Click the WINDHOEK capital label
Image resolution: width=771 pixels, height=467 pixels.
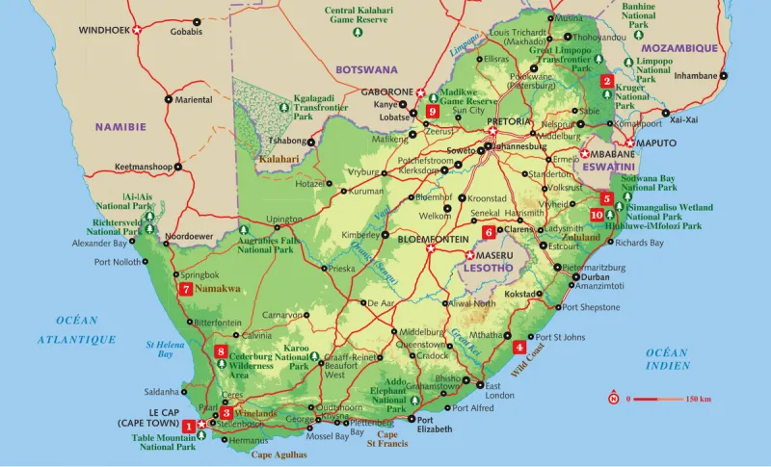[104, 31]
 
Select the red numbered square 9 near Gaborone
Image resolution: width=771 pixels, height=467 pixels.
[433, 111]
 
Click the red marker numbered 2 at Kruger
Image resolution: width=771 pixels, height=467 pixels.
[606, 81]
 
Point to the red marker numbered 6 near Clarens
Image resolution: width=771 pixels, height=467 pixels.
[489, 231]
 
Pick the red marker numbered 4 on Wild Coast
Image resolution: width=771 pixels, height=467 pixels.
[519, 348]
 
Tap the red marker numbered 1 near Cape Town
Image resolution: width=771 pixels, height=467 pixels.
[189, 426]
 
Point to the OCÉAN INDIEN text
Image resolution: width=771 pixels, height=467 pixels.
[668, 359]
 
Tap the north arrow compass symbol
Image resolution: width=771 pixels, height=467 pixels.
[613, 398]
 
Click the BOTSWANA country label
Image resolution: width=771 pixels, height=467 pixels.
[366, 69]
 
